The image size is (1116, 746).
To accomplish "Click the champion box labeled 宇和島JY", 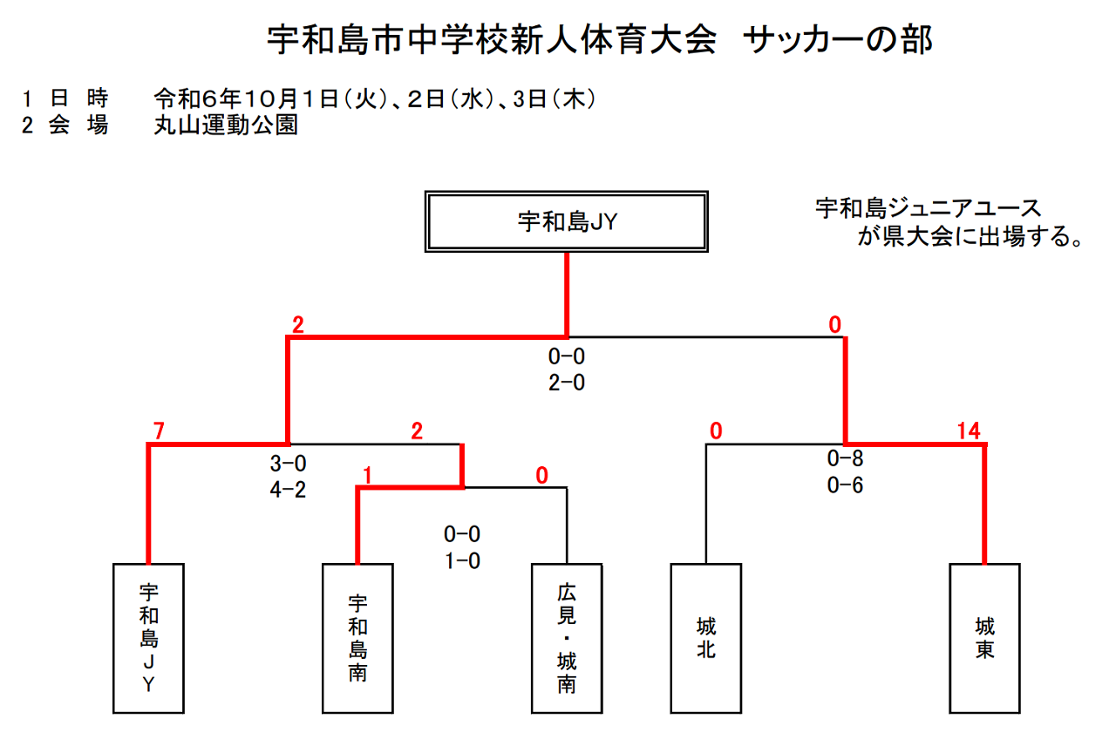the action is (567, 221).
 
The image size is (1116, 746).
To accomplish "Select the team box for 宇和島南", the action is (357, 639).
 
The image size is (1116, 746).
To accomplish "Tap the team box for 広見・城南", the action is (567, 639).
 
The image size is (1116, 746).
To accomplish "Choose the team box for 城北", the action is (706, 639).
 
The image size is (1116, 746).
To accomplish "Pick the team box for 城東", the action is (984, 639).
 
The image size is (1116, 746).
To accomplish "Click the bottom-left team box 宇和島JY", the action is (148, 639).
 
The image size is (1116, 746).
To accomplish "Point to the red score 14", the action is (969, 431).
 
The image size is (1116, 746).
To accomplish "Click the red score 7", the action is (159, 431).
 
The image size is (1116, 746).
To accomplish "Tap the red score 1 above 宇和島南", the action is (368, 476).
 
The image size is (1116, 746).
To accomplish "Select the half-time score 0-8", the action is (845, 458).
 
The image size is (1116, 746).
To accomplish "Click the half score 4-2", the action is (288, 490).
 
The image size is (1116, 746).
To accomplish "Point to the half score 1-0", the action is (462, 561).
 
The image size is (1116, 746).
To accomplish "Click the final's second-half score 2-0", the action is (567, 383).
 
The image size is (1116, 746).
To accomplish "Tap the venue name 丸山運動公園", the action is (226, 125).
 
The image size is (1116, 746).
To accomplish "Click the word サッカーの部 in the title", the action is (838, 40).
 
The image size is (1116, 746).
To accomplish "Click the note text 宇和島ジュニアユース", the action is (929, 208).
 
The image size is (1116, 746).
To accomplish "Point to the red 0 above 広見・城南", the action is (542, 476).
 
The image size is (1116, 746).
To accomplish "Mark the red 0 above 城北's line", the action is (716, 431).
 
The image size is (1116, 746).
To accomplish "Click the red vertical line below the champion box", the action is (567, 295).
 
